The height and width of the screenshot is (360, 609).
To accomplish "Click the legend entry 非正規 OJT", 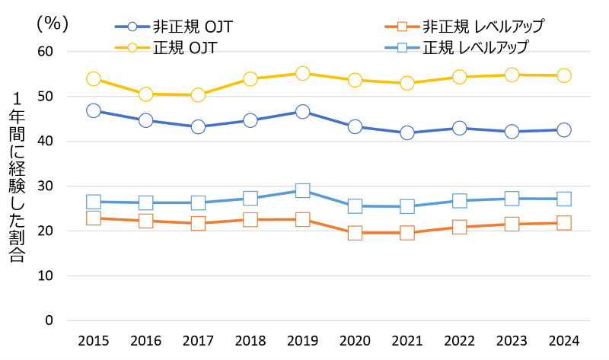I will coord(174,26).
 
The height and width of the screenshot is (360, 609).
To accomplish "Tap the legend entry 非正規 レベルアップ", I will coord(464,26).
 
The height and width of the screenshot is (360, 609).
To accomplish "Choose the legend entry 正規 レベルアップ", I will coord(458,47).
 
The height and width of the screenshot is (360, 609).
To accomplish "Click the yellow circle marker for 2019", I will coord(302,74).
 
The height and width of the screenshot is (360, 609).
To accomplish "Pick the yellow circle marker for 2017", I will coord(198,95).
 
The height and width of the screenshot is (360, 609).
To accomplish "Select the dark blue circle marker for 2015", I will coord(94,111).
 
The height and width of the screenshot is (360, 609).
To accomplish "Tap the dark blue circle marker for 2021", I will coord(407,132).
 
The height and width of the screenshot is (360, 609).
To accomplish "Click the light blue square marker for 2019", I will coord(302,190).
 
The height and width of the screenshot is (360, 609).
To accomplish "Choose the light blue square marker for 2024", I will coord(563,199).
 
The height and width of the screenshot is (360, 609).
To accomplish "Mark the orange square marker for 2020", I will coord(355,233).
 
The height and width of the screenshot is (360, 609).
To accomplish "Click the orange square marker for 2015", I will coord(94,218).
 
